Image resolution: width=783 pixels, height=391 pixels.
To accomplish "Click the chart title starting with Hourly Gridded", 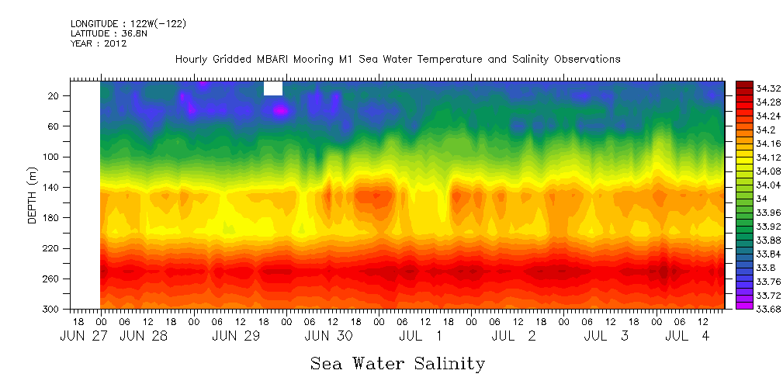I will pyautogui.click(x=397, y=59).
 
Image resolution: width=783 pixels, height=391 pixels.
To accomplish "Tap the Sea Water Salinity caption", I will pyautogui.click(x=397, y=363).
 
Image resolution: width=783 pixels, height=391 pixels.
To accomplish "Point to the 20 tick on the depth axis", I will pyautogui.click(x=54, y=95).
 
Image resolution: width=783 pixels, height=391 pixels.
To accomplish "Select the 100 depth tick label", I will pyautogui.click(x=52, y=157).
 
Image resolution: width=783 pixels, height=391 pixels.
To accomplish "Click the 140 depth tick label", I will pyautogui.click(x=52, y=187).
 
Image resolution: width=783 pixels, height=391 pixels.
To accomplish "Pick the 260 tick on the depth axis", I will pyautogui.click(x=52, y=279).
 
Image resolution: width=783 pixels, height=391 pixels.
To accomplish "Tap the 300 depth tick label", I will pyautogui.click(x=52, y=309).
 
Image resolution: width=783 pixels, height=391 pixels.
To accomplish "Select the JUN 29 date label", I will pyautogui.click(x=236, y=336).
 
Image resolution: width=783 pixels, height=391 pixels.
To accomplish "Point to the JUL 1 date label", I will pyautogui.click(x=420, y=336).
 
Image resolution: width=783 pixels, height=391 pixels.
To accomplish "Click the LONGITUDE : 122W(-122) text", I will pyautogui.click(x=128, y=24).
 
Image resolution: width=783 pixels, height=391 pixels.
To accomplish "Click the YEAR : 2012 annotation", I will pyautogui.click(x=99, y=43).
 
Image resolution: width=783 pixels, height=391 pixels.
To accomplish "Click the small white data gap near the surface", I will pyautogui.click(x=273, y=88).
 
